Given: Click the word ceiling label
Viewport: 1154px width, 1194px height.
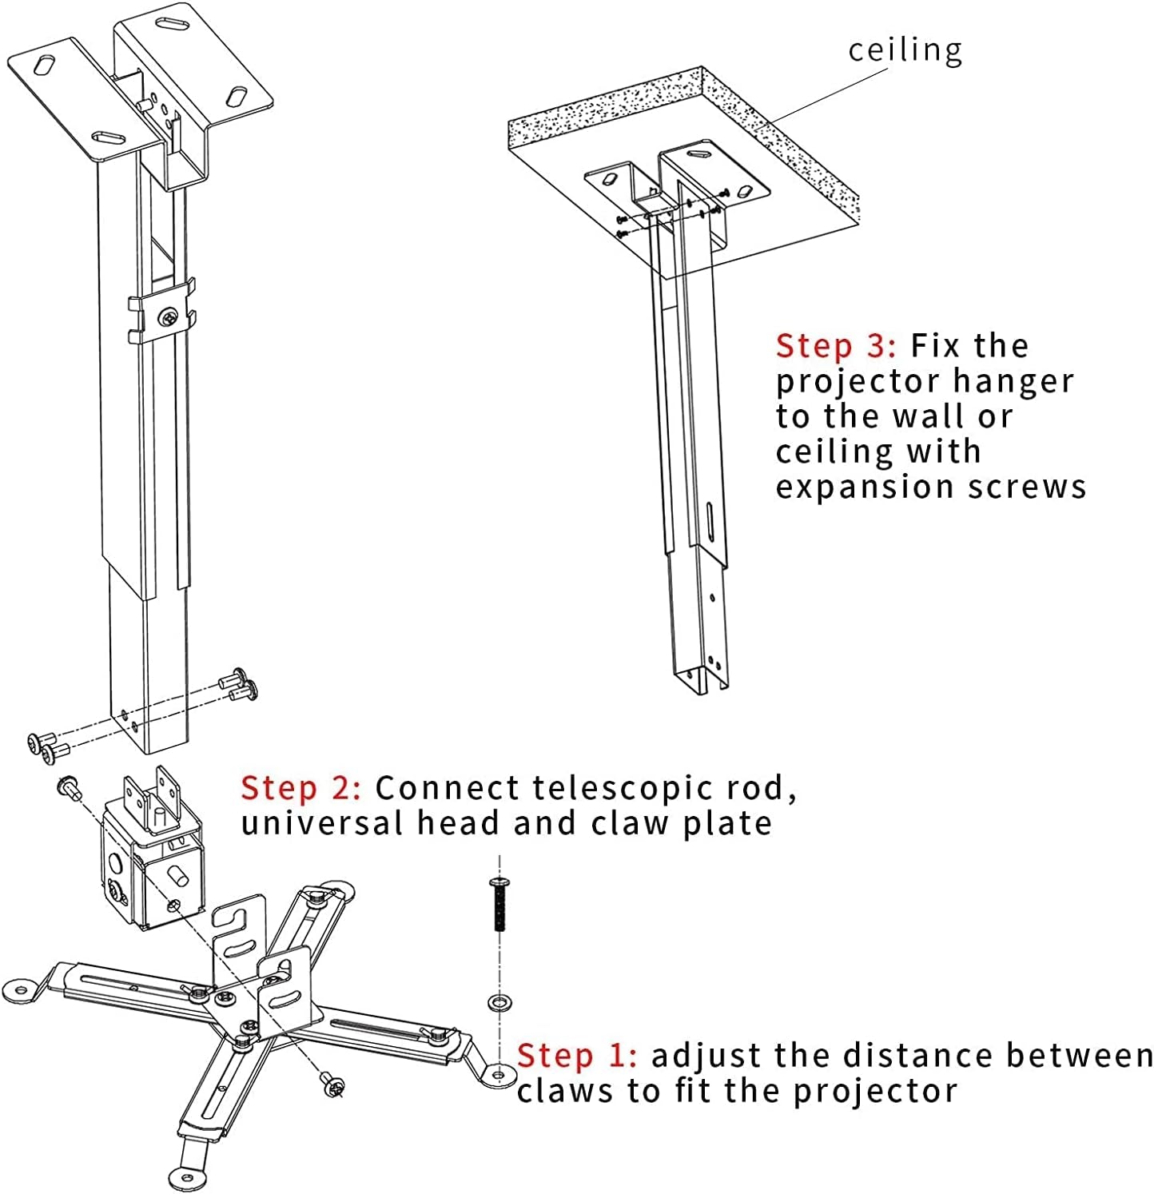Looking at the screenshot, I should (905, 50).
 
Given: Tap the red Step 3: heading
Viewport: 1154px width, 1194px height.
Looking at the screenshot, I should (836, 346).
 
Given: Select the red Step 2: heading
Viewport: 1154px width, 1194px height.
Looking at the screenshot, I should (301, 788).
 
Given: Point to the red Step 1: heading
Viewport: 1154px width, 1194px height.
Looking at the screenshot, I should (577, 1056).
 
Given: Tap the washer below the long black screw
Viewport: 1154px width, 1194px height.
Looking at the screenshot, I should (500, 1002).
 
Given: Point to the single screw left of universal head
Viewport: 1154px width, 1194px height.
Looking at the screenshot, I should (68, 787).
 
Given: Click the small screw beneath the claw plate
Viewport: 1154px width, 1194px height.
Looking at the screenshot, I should (333, 1085).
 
